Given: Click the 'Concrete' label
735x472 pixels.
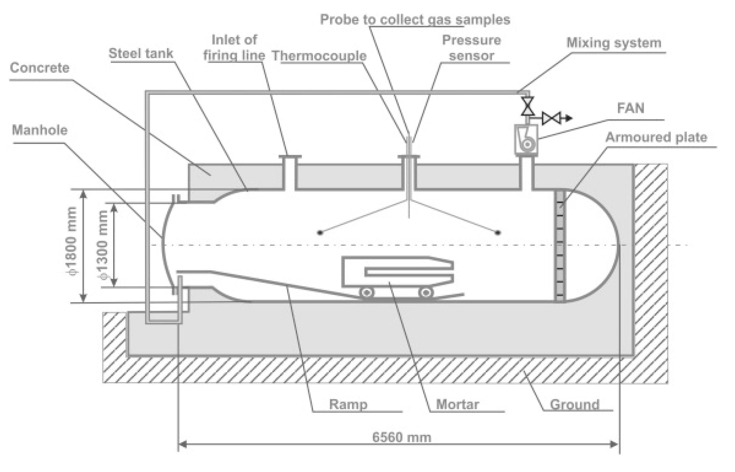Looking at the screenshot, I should [x=40, y=68].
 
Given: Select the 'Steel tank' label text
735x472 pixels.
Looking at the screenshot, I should [x=141, y=53].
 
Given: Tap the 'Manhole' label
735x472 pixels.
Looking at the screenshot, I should [x=40, y=130].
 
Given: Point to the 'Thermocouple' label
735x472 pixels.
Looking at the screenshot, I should [x=319, y=56].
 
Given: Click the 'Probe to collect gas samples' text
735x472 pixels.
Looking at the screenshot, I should [x=415, y=20].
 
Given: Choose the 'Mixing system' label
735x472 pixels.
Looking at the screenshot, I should [x=614, y=43].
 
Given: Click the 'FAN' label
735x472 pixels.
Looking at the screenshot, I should [x=630, y=108].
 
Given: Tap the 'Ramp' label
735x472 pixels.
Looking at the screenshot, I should [x=348, y=404].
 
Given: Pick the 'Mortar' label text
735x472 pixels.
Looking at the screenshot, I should [x=457, y=404].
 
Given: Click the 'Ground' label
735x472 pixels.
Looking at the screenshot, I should [x=575, y=405].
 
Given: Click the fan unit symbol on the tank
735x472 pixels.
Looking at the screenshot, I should [x=526, y=139].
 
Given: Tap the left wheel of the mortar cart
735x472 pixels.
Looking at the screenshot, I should [x=367, y=292].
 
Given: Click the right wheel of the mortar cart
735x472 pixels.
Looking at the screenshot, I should [x=425, y=292].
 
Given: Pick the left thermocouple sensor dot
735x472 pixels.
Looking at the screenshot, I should [x=320, y=233].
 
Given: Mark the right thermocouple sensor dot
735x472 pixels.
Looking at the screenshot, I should [x=498, y=233].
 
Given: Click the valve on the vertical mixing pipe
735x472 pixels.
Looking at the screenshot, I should [x=527, y=106].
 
